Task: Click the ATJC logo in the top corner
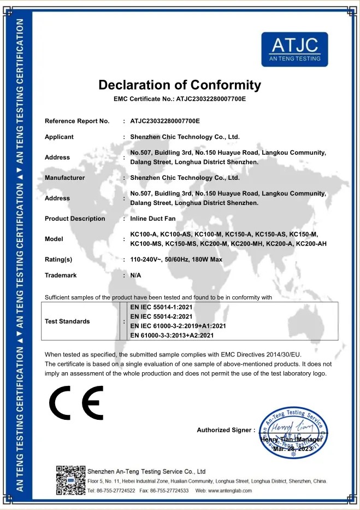[x=294, y=49]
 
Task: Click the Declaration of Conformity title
[x=180, y=85]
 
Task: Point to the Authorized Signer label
[x=226, y=430]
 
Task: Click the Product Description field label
[x=75, y=219]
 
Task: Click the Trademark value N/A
[x=135, y=275]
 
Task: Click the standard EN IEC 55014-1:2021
[x=162, y=307]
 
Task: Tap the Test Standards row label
[x=67, y=321]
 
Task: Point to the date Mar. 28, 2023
[x=292, y=448]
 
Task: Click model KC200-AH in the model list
[x=311, y=243]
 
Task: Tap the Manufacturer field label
[x=64, y=178]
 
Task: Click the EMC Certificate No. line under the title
[x=180, y=99]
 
